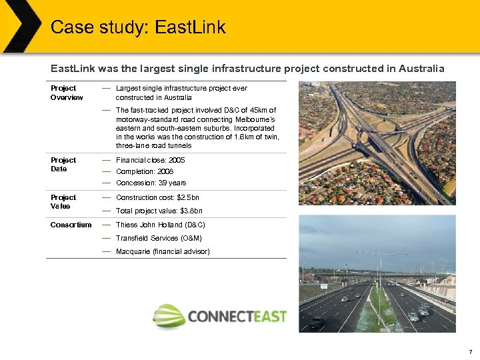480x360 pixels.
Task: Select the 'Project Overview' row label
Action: [66, 93]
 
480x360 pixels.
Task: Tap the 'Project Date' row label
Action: [63, 165]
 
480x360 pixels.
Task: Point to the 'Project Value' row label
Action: [63, 202]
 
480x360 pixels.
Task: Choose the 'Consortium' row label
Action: [71, 225]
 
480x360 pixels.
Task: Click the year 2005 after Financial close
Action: [177, 161]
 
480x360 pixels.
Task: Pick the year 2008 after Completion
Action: [165, 172]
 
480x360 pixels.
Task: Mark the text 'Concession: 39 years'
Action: [151, 183]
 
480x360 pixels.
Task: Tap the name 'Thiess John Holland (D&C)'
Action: [160, 225]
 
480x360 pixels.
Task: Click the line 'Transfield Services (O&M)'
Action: [159, 238]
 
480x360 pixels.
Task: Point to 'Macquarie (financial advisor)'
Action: [163, 251]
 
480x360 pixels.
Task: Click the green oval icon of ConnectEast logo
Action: [168, 315]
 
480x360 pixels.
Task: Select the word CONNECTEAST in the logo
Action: [237, 316]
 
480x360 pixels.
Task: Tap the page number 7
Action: [471, 351]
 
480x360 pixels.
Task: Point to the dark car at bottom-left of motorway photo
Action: [318, 322]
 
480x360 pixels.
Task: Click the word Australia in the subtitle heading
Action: [419, 68]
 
